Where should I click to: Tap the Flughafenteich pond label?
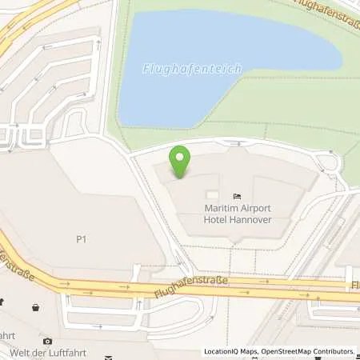pos(192,70)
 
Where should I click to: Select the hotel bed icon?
pos(237,195)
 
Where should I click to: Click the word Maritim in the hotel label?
pos(213,208)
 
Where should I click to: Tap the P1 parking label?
pos(81,238)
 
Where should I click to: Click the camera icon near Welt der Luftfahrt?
pos(47,342)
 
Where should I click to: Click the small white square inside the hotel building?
pos(211,195)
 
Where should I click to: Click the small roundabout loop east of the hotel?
pos(328,166)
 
